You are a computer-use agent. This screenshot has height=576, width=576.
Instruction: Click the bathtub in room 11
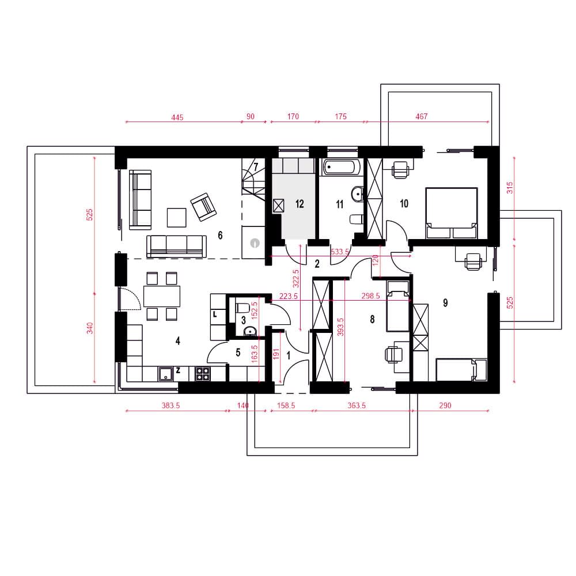[342, 167]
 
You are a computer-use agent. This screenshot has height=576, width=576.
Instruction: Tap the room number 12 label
[300, 204]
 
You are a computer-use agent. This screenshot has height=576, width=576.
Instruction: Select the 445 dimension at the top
[177, 118]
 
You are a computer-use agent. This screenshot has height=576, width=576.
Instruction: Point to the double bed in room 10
[452, 213]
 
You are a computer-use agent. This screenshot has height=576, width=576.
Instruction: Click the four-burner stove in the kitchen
[202, 374]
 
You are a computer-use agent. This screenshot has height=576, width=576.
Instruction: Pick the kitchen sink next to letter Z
[166, 374]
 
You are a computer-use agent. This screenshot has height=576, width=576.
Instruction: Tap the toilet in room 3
[242, 307]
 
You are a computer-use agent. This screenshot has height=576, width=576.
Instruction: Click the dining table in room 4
[162, 296]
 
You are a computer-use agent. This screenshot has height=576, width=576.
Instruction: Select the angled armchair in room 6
[203, 207]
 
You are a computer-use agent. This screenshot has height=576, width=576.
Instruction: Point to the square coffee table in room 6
[177, 218]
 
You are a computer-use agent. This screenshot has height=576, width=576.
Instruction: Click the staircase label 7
[256, 167]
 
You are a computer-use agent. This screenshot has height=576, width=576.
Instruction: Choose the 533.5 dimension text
[340, 252]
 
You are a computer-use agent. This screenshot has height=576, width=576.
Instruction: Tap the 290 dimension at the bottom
[445, 406]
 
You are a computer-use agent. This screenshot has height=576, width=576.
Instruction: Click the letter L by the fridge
[215, 314]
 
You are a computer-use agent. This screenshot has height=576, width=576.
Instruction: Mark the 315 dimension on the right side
[510, 188]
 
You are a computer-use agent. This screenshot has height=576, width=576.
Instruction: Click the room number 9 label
[445, 303]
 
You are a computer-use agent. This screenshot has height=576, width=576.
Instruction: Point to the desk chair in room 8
[392, 354]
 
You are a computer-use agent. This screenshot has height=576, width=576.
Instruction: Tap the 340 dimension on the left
[90, 328]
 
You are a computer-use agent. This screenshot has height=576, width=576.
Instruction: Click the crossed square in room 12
[278, 206]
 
